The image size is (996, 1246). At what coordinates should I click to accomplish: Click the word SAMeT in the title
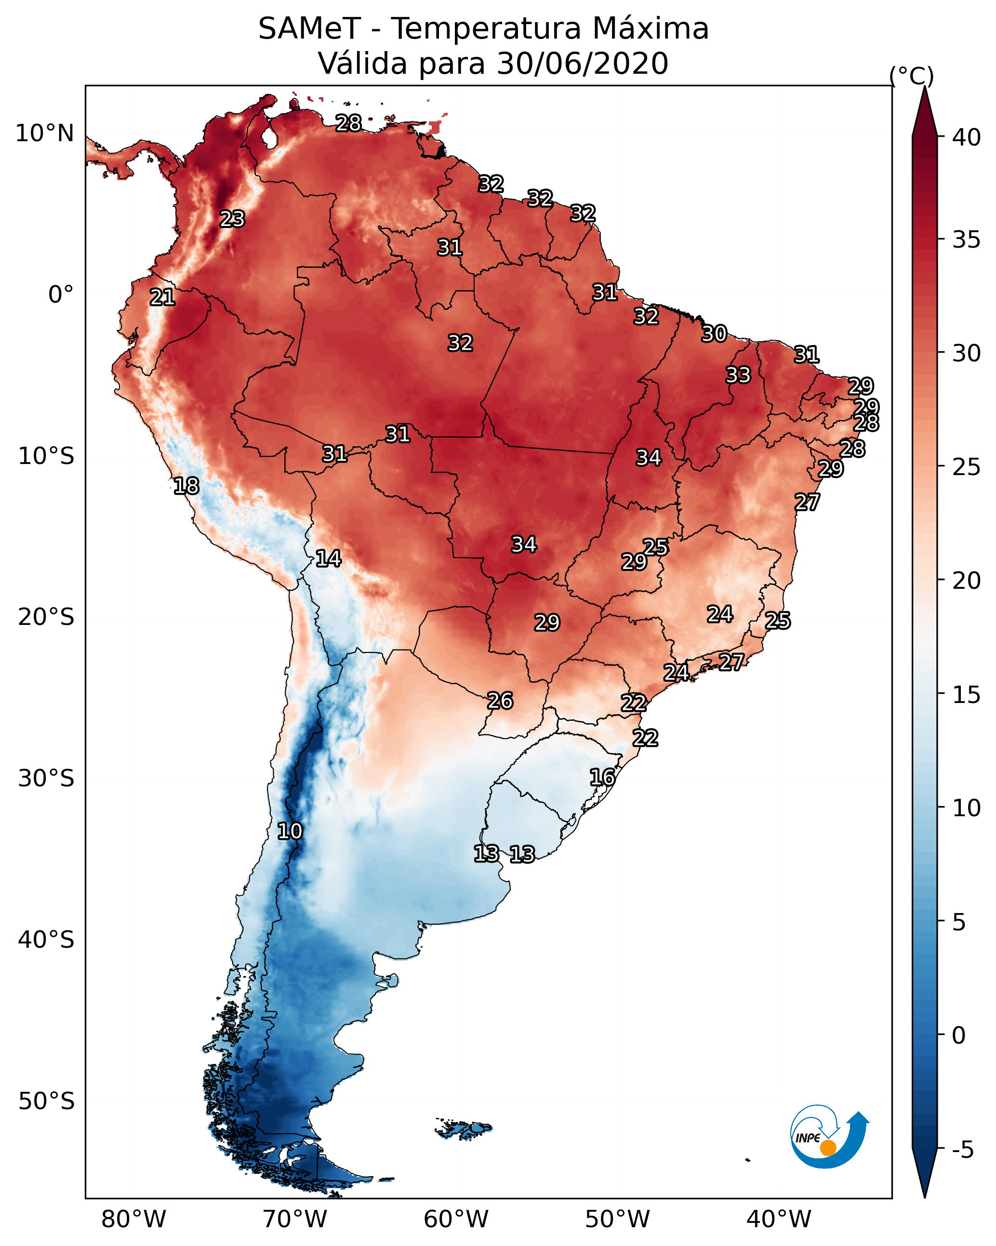(309, 29)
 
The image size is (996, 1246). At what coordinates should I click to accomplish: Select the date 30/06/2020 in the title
(582, 64)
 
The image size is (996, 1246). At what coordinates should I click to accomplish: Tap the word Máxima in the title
(651, 29)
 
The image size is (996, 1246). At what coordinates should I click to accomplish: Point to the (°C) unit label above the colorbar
(911, 76)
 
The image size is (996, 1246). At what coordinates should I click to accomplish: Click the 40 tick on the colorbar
(967, 137)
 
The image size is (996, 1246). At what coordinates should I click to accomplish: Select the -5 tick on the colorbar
(962, 1150)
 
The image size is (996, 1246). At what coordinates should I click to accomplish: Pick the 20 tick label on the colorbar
(967, 580)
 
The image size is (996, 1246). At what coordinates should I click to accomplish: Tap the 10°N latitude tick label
(44, 133)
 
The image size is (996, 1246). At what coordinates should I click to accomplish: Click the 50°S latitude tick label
(46, 1101)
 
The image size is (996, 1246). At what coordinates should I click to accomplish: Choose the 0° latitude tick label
(61, 295)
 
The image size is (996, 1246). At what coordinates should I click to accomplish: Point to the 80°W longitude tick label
(133, 1219)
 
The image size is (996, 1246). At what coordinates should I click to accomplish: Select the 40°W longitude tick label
(779, 1219)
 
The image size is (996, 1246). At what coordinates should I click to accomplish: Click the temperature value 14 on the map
(328, 558)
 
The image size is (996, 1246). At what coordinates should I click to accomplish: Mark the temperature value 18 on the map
(186, 486)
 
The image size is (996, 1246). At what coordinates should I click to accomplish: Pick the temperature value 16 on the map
(602, 777)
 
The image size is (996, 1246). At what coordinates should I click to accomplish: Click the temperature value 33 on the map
(738, 375)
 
